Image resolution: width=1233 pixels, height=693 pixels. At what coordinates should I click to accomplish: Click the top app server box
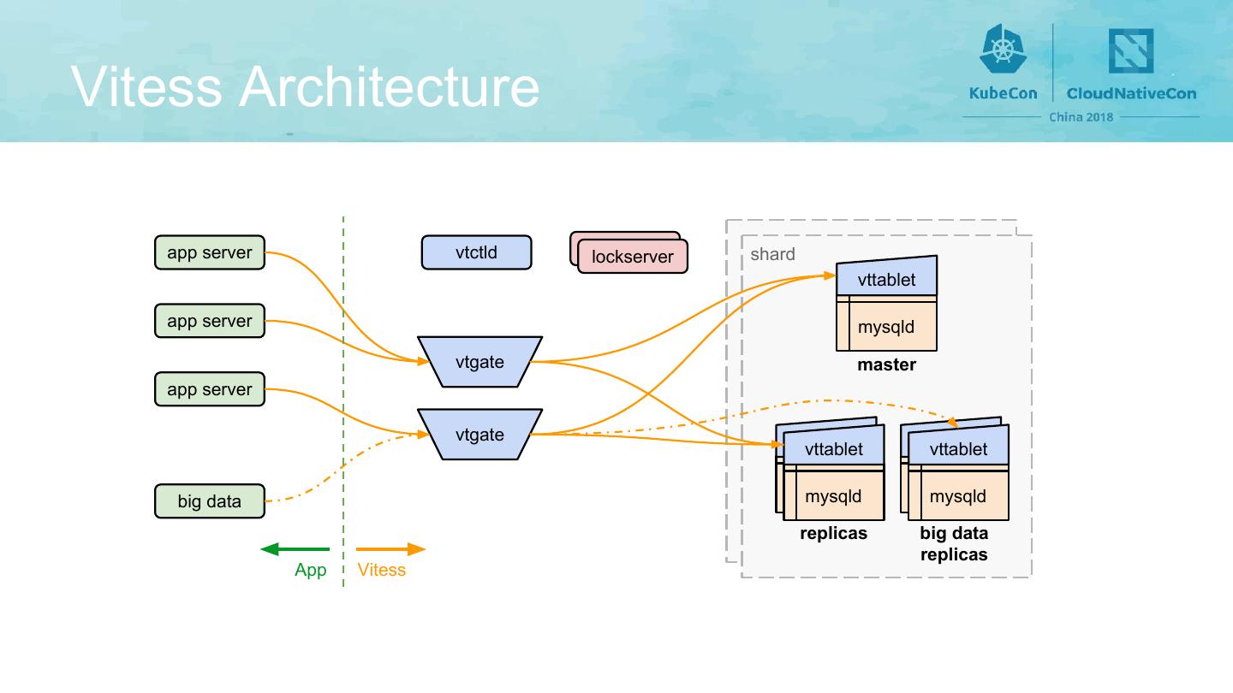point(210,252)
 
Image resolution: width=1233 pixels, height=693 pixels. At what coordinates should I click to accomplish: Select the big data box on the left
point(210,501)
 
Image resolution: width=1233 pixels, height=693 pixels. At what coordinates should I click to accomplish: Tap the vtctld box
point(476,252)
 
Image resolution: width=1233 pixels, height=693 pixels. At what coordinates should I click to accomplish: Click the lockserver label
point(633,257)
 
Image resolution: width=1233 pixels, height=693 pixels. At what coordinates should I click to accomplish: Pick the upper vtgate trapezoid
point(479,362)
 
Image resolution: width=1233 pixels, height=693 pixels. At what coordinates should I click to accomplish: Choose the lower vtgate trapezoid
point(479,435)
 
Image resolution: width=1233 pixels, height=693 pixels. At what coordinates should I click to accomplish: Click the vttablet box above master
point(886,279)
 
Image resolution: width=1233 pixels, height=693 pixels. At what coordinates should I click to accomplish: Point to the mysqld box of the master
point(886,327)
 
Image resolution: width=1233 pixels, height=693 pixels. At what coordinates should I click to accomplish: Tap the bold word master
point(886,365)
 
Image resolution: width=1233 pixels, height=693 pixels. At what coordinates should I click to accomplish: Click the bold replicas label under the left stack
point(833,534)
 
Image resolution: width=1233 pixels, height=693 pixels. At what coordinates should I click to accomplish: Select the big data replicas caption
point(954,544)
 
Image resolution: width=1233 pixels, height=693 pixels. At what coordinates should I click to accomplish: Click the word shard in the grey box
point(772,254)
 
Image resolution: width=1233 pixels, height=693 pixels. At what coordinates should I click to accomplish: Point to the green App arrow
point(295,549)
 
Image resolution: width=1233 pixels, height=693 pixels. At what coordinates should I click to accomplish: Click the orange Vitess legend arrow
point(390,549)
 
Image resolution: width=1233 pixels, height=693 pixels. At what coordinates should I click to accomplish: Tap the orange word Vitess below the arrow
point(382,570)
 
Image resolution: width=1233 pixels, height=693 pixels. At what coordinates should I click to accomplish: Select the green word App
point(310,570)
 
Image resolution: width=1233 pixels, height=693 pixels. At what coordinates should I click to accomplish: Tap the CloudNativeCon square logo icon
point(1130,50)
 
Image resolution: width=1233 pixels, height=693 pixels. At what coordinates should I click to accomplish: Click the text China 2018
point(1081,117)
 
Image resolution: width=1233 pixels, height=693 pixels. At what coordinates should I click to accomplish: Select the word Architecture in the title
point(390,86)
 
